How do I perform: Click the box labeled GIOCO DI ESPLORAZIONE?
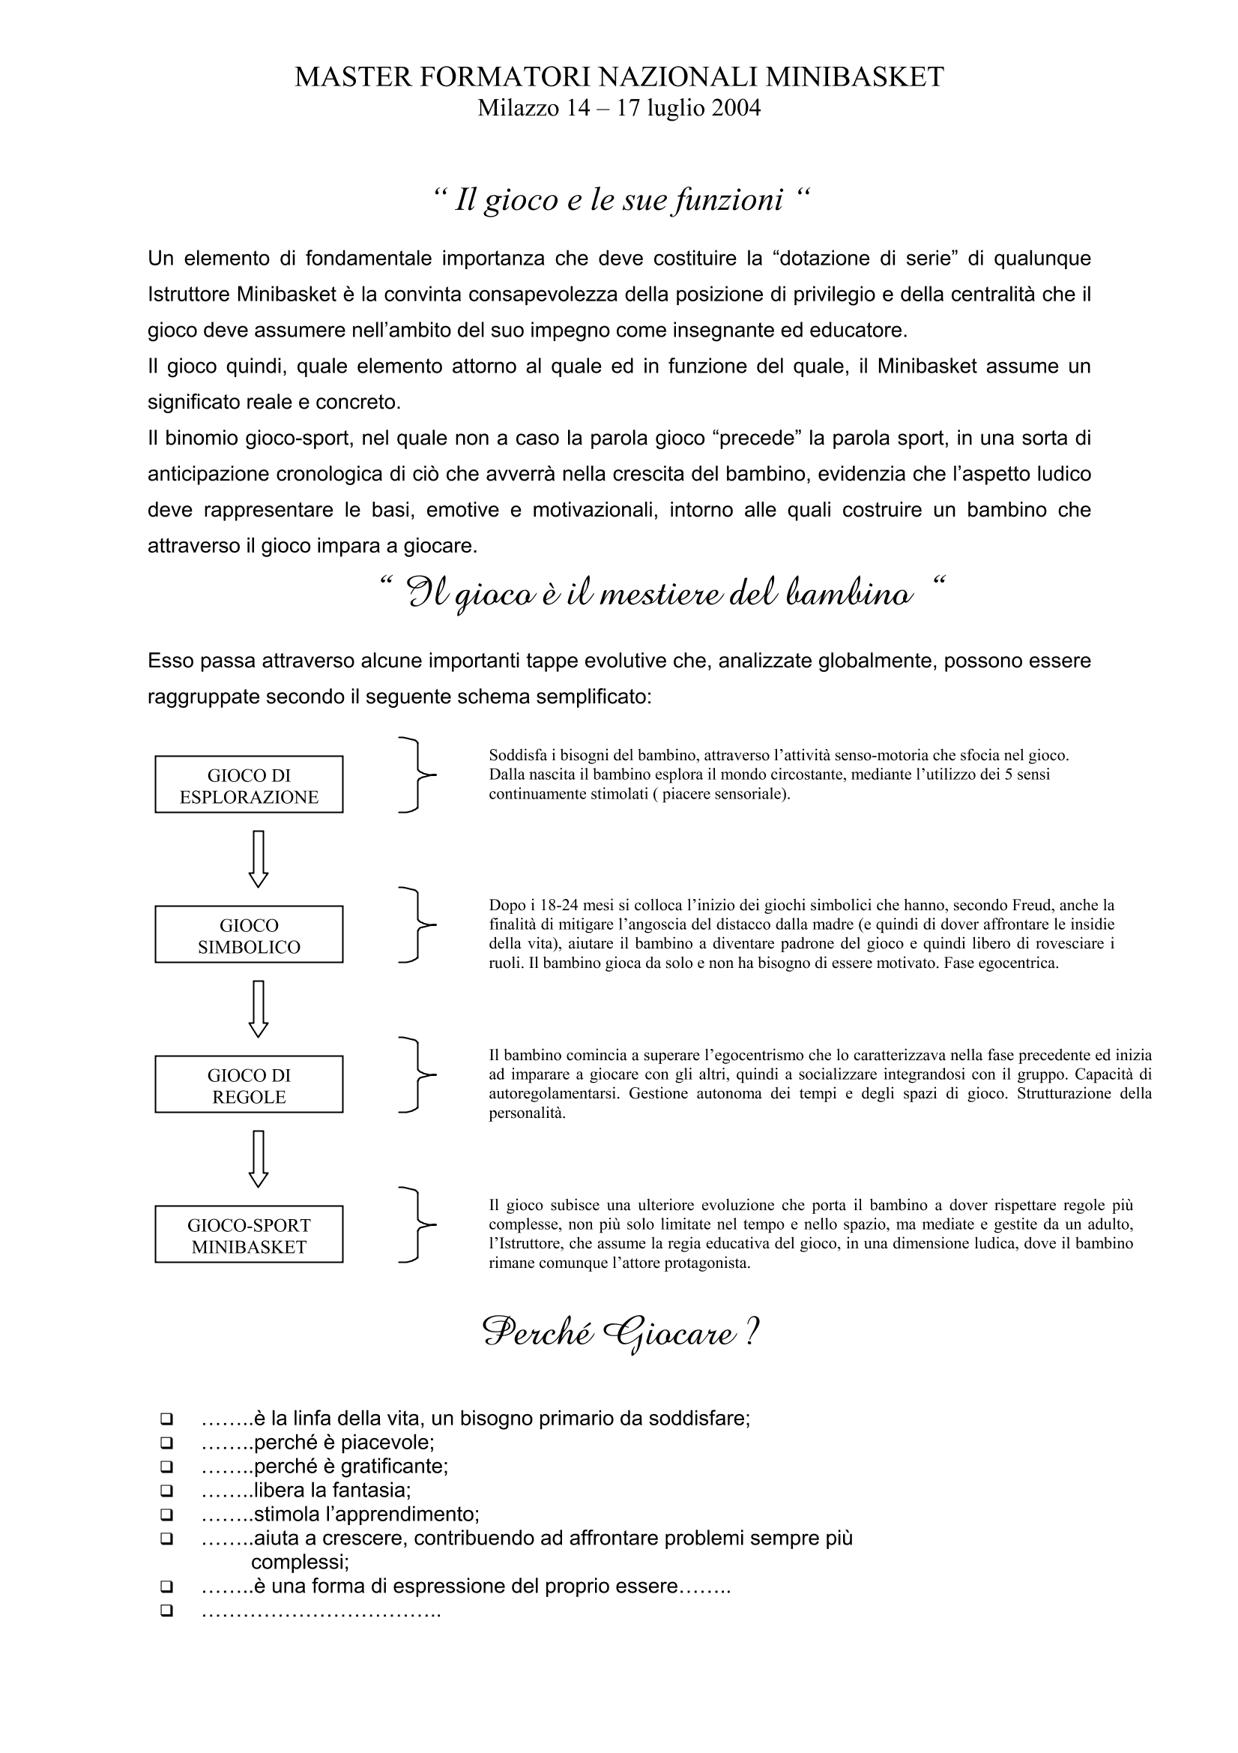coord(249,784)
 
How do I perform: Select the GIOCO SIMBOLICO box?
coord(249,933)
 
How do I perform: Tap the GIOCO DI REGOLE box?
coord(249,1084)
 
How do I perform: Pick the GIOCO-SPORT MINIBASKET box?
coord(249,1234)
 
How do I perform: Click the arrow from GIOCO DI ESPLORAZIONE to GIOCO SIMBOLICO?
coord(259,859)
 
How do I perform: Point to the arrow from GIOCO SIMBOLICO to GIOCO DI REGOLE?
coord(259,1008)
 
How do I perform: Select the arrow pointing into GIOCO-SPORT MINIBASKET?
coord(259,1158)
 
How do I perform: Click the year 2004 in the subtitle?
coord(736,109)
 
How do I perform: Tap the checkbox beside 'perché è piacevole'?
coord(166,1443)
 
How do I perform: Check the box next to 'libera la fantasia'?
coord(166,1491)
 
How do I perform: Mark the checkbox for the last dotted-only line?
coord(166,1611)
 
